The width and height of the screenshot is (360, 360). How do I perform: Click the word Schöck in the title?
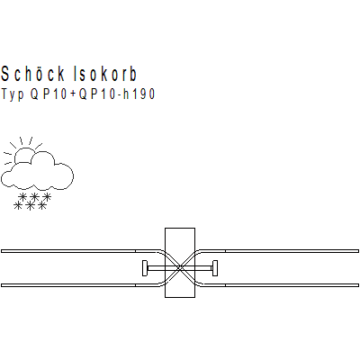coord(32,74)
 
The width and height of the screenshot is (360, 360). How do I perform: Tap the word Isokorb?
coord(105,74)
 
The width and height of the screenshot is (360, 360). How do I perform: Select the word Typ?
coord(13,94)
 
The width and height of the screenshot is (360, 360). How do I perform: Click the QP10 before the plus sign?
coord(49,94)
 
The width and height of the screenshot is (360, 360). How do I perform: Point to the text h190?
coord(139,94)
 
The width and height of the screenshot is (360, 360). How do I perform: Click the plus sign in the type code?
coord(73,94)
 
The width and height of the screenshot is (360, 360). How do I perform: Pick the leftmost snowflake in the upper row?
coord(22,197)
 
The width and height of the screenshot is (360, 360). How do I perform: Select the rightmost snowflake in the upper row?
coord(47,197)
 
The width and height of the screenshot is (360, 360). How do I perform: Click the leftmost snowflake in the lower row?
coord(18,205)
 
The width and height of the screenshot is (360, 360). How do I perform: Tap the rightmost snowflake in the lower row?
coord(42,205)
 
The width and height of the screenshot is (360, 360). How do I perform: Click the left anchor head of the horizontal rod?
coord(145,268)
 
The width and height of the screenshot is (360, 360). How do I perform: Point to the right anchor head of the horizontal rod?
coord(215,268)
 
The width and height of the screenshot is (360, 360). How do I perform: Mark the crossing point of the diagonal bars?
coord(180,268)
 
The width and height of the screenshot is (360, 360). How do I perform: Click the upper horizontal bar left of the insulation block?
coord(68,251)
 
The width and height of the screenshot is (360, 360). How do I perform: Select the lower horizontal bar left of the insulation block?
coord(68,285)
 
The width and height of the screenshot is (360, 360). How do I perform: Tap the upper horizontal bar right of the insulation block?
coord(292,251)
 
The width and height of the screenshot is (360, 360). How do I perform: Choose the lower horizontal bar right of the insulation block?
coord(292,285)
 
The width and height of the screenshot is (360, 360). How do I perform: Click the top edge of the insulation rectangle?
coord(180,229)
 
